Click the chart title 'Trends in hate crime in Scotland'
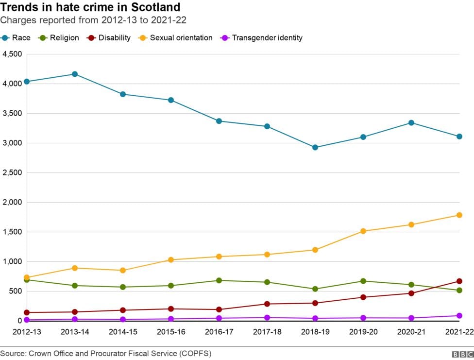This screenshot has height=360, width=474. pos(90,7)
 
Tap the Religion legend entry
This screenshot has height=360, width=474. pos(59,37)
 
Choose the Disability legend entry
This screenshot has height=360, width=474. pos(109,37)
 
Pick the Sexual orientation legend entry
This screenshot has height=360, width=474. pos(175,37)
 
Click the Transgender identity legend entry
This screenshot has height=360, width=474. pos(262,37)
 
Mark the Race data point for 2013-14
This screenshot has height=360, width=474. pos(75,74)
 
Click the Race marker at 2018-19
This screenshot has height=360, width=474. pos(315,147)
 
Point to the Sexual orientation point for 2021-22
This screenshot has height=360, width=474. pos(459,215)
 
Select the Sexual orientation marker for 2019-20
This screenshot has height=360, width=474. pos(363,231)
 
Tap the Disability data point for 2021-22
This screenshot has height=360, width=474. pos(459,281)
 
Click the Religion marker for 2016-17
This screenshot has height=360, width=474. pos(219,280)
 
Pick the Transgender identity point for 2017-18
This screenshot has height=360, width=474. pos(267,318)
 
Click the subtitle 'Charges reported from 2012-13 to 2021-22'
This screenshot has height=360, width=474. pos(93,20)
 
